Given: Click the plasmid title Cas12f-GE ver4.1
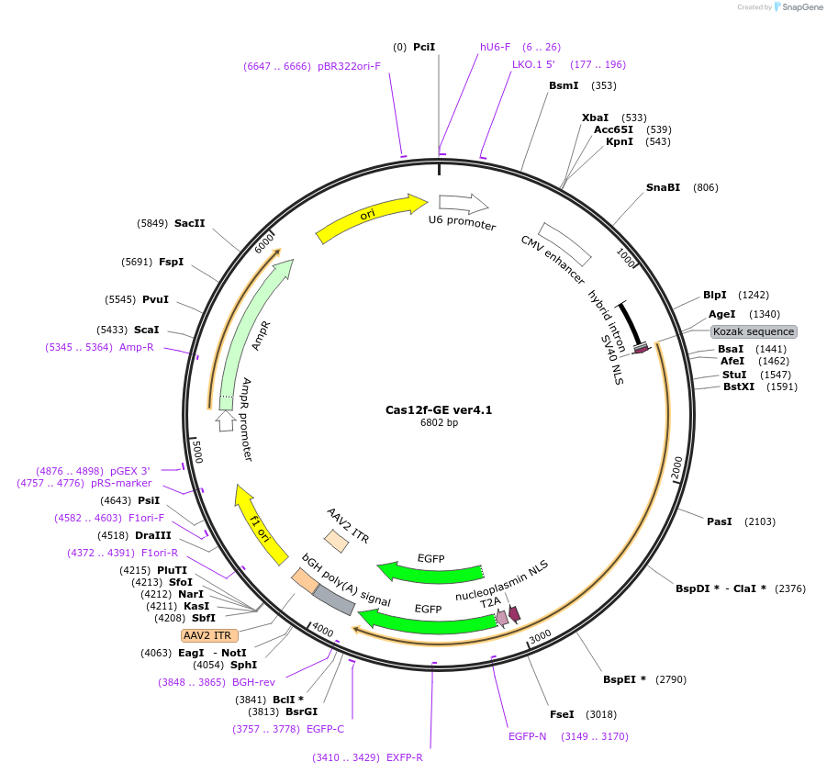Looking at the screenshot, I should tap(439, 410).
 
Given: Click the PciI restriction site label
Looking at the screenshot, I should tap(424, 47).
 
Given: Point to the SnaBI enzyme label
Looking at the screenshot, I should tap(663, 187).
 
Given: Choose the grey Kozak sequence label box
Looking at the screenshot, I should tap(754, 331).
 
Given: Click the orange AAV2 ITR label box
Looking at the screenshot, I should tap(210, 635).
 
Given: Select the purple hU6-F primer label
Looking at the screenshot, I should tap(496, 47).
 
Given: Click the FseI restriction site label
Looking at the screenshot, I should tap(562, 714).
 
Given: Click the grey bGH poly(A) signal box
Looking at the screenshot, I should tap(334, 599).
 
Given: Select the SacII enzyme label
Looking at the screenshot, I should tap(190, 223).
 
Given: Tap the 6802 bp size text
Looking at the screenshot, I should tap(439, 423).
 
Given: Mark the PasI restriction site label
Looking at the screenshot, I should tap(720, 521).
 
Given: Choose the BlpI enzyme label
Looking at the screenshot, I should tap(715, 295).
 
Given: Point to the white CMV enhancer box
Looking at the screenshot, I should tap(564, 243).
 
